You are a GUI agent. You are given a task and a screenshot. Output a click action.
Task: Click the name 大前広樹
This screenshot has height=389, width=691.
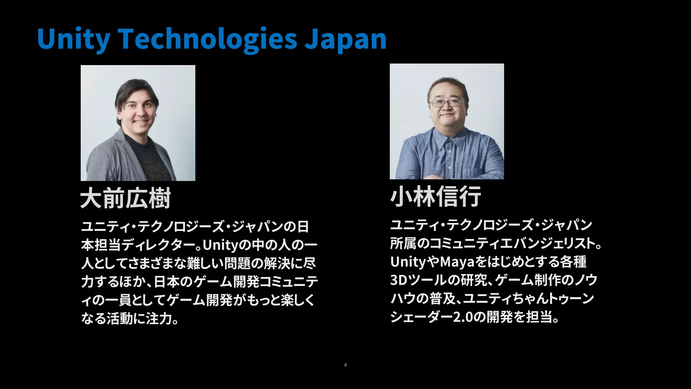126,199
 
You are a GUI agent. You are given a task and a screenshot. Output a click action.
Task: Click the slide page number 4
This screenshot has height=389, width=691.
345,365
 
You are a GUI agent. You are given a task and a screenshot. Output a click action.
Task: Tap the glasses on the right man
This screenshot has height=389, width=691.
447,103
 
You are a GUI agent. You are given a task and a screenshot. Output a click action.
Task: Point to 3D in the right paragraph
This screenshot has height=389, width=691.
399,280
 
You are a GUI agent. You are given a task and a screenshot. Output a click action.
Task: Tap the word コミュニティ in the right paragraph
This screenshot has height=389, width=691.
462,243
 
